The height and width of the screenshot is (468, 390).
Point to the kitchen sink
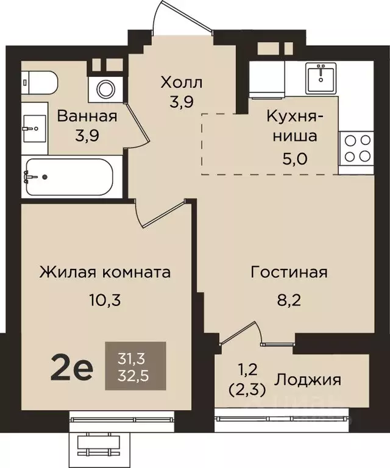pyautogui.click(x=322, y=77)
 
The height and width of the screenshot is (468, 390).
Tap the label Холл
pyautogui.click(x=181, y=82)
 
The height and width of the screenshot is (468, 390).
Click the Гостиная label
pyautogui.click(x=289, y=272)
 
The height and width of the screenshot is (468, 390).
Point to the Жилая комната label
pyautogui.click(x=105, y=272)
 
